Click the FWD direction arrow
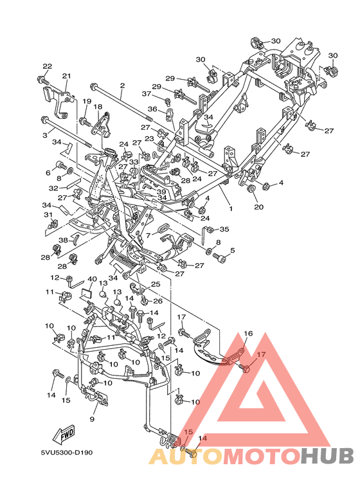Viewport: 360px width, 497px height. pos(64,435)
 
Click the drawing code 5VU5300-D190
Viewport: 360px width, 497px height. pos(67,453)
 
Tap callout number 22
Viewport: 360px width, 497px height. pos(47,66)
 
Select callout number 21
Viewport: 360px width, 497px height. pos(67,76)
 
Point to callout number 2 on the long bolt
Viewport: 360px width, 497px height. pos(122,86)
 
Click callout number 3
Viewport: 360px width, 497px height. pos(45,136)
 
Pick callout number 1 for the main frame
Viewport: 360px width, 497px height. pos(231,208)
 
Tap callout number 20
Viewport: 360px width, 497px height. pos(259,207)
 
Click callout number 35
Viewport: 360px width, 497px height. pos(224,229)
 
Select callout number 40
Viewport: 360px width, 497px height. pos(92,279)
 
